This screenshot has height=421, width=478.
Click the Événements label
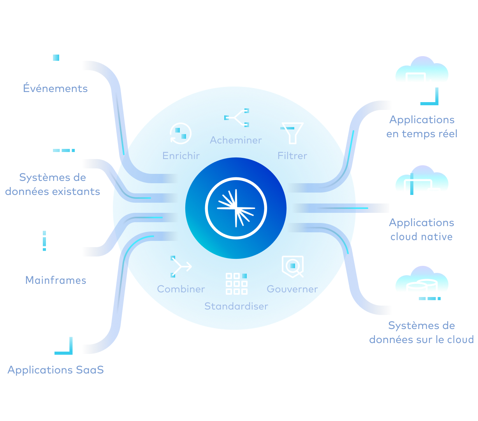tap(55, 88)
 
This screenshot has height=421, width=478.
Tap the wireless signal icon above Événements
tap(56, 58)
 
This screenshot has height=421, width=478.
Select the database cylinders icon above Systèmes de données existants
tap(57, 147)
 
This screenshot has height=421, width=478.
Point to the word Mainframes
tap(56, 280)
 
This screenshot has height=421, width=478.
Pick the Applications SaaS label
tap(56, 370)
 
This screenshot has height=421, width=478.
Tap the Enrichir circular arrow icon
tap(181, 134)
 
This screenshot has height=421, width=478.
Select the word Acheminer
tap(236, 140)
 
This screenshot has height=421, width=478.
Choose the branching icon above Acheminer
tap(237, 118)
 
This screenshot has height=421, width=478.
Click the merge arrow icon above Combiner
tap(181, 267)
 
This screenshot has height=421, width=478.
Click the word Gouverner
tap(292, 289)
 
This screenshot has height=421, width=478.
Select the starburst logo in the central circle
tap(236, 207)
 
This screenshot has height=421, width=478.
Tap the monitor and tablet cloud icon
tap(422, 186)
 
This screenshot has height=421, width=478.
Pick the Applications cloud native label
tap(422, 230)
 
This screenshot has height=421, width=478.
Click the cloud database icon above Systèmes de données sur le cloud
tap(422, 288)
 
